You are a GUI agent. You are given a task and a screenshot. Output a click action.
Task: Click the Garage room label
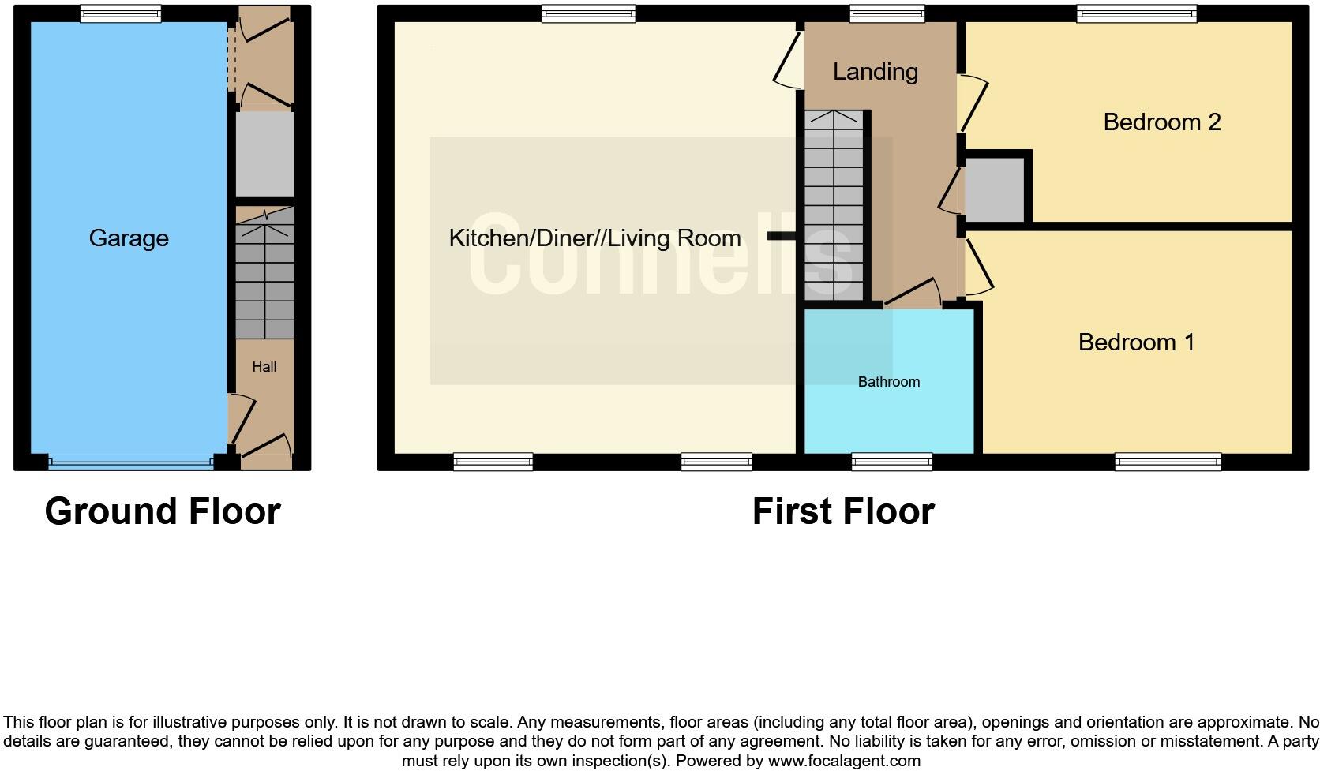click(129, 238)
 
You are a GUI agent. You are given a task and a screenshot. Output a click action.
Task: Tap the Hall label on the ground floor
click(264, 367)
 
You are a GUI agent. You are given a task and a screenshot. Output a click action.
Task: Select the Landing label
click(875, 72)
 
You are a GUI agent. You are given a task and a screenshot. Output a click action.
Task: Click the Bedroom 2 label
click(1161, 122)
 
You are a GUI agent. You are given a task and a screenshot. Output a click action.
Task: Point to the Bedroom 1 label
click(1136, 342)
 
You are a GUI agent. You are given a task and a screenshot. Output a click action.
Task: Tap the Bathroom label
click(889, 382)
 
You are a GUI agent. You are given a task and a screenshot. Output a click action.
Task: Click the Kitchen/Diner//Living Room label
click(594, 238)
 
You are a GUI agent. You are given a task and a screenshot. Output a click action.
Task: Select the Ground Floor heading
click(163, 511)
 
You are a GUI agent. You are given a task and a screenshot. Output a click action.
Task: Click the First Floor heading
click(843, 511)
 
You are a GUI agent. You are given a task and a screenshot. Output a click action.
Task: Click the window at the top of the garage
click(121, 13)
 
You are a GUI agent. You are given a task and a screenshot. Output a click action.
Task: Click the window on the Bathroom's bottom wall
click(892, 462)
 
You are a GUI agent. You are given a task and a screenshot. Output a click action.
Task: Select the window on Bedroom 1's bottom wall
click(1168, 462)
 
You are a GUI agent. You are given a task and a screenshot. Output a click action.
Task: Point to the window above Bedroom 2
click(1137, 13)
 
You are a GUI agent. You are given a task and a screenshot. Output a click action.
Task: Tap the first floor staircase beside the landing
click(834, 205)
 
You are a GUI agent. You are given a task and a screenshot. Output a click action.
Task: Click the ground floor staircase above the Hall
click(264, 272)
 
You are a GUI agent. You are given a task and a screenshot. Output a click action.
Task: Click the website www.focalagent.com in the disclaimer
click(843, 762)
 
